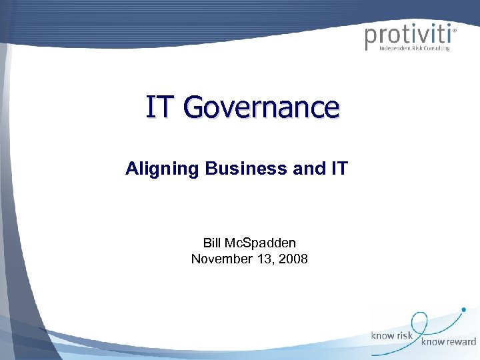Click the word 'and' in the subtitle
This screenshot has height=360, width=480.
pos(307,169)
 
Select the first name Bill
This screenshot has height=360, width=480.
pos(214,243)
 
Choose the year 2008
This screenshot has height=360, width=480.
pos(294,259)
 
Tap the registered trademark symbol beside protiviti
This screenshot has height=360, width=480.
pos(455,30)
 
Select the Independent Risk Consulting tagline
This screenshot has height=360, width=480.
pos(414,49)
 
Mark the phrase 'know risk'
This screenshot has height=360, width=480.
pos(392,335)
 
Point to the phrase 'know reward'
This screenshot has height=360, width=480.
pos(448,342)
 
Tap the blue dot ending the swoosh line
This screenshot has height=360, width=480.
pos(464,309)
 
